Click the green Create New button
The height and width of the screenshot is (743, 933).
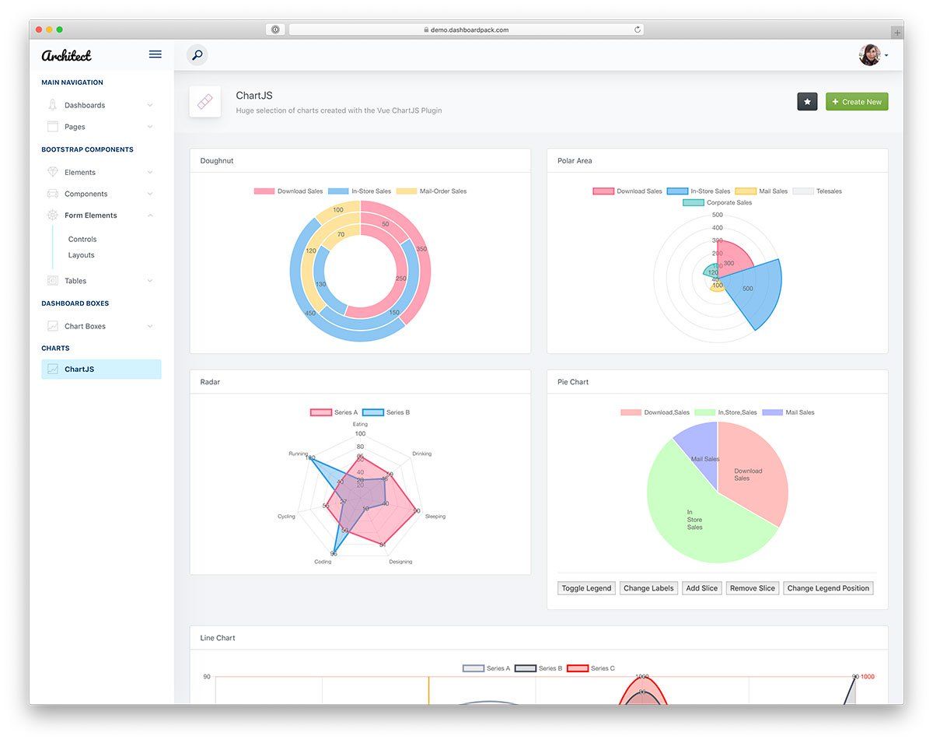pos(856,102)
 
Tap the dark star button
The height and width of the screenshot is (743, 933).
pos(807,102)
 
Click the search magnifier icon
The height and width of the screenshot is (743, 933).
pos(197,55)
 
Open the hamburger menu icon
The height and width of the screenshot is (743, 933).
pos(155,54)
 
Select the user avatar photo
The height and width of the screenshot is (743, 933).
pos(869,55)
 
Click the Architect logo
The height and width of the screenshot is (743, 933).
pos(67,55)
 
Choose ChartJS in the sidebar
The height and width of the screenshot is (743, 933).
pos(79,370)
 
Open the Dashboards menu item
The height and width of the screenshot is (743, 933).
pos(85,105)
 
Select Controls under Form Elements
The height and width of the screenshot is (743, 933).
pos(82,240)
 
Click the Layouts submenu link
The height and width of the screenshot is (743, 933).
pos(81,255)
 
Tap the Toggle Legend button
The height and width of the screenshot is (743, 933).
pos(586,588)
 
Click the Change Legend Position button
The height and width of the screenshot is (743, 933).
pos(827,588)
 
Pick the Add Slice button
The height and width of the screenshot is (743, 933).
pos(701,588)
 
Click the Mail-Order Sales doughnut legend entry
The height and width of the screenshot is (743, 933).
pos(432,191)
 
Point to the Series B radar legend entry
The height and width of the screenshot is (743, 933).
pos(386,412)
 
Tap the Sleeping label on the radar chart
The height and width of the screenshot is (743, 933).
pos(435,517)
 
